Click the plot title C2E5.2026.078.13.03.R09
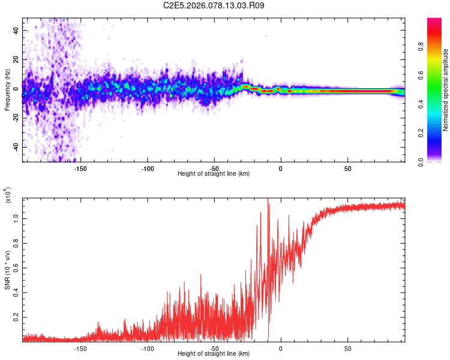pyautogui.click(x=214, y=5)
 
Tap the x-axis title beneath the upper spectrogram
pyautogui.click(x=214, y=174)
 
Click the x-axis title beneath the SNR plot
pyautogui.click(x=214, y=354)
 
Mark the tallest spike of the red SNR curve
pyautogui.click(x=268, y=199)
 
